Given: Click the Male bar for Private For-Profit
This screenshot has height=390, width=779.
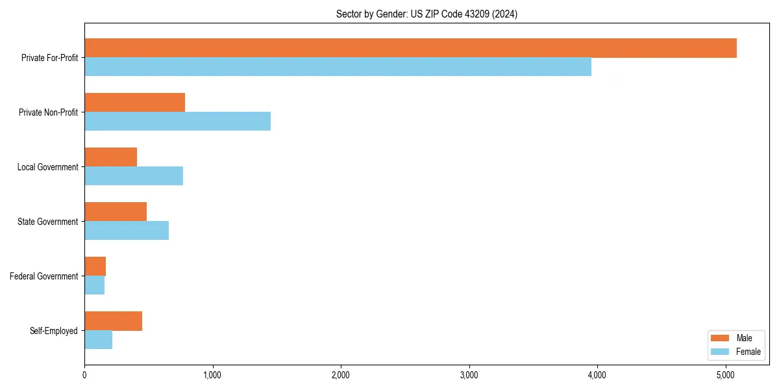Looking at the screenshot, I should click(x=410, y=48).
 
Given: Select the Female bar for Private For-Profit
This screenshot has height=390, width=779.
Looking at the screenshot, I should click(x=338, y=67).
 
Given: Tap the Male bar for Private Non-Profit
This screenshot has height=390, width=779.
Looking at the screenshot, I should click(x=134, y=103).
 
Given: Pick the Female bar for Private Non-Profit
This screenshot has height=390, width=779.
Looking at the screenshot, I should click(x=177, y=122).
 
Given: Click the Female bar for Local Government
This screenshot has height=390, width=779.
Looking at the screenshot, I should click(x=134, y=176).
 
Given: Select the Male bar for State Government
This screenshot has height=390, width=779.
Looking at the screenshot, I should click(x=116, y=212).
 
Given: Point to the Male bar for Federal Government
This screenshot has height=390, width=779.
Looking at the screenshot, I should click(x=95, y=266).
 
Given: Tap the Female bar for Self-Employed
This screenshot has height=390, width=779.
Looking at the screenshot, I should click(x=98, y=340).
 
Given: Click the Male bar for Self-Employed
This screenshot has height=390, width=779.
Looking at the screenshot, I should click(x=113, y=321).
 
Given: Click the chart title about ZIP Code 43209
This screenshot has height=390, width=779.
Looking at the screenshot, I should click(x=427, y=14).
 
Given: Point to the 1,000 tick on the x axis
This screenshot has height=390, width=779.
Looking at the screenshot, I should click(x=212, y=375).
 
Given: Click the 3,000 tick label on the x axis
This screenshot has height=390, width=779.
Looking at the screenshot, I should click(x=469, y=375).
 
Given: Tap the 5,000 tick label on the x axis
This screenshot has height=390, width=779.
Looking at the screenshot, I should click(x=725, y=375).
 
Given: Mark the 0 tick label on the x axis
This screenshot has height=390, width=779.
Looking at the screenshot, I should click(x=84, y=375).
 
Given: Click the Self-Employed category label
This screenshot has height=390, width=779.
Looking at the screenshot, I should click(x=53, y=331).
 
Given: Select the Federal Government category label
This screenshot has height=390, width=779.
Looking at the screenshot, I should click(x=43, y=276).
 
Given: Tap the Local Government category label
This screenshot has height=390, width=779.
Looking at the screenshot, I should click(x=47, y=167).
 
